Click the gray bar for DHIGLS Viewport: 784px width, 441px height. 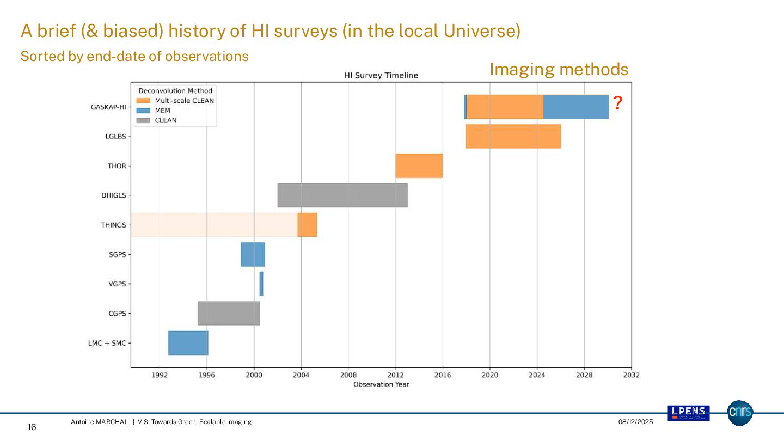tap(342, 195)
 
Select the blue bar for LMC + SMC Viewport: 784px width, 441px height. tap(188, 343)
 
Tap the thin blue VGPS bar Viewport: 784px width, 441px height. tap(261, 284)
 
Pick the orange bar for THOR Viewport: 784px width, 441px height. tap(419, 166)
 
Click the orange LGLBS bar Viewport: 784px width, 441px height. tap(513, 136)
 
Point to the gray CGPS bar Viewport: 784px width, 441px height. tap(229, 313)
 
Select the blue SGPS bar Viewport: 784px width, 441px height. tap(253, 254)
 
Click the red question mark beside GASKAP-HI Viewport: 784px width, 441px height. tap(617, 103)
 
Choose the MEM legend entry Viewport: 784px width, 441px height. tap(162, 111)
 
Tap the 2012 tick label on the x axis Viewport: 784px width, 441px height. tap(395, 375)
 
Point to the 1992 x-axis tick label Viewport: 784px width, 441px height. tap(160, 375)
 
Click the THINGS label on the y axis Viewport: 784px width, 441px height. tap(113, 225)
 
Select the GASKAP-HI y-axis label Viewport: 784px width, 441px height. tap(108, 107)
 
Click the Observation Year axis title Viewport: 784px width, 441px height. tap(381, 384)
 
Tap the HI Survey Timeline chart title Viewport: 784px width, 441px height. tap(381, 75)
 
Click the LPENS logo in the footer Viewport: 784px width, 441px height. tap(688, 413)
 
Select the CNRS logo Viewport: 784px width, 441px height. tap(740, 413)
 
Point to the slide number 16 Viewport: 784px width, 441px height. tap(32, 427)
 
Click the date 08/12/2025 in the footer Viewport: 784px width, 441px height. tap(635, 422)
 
